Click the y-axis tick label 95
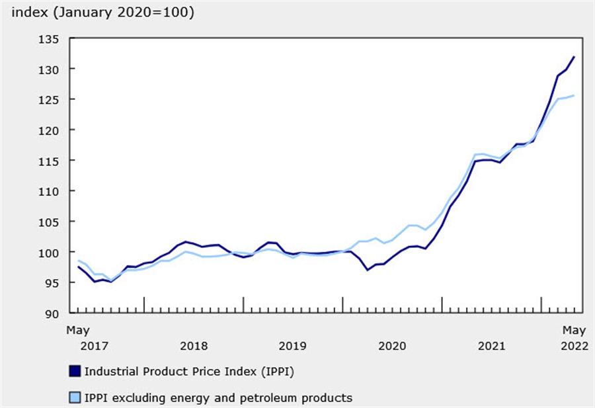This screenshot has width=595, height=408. (x=54, y=282)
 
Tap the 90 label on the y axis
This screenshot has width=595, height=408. (x=54, y=313)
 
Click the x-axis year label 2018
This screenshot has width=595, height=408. (x=194, y=346)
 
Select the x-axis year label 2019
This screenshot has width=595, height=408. (x=293, y=346)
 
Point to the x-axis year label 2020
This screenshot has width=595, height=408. (x=392, y=346)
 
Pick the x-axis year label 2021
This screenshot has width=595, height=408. (x=491, y=346)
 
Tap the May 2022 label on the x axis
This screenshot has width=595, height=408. (x=573, y=337)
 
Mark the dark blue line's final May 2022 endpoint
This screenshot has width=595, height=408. (x=573, y=57)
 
